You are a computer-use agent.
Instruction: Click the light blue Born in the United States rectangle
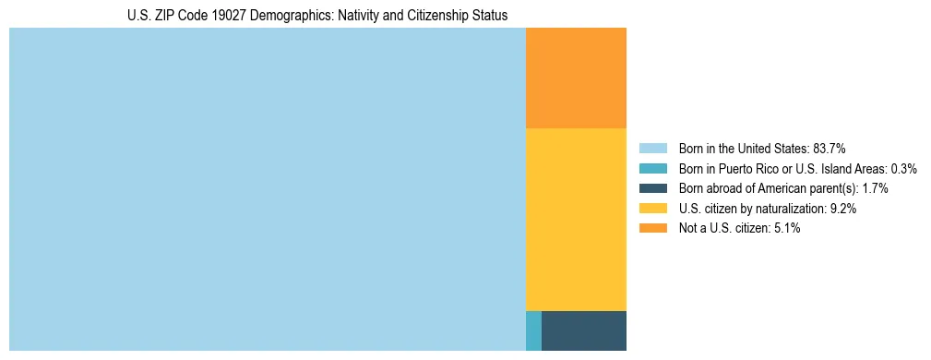[267, 189]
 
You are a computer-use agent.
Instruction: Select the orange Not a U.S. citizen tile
[576, 78]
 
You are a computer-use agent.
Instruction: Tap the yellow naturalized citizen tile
[576, 219]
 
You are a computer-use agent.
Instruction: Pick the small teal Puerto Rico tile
[533, 330]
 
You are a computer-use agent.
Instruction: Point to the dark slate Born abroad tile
[584, 330]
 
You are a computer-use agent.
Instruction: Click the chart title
[316, 16]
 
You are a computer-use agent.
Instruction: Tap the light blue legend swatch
[652, 148]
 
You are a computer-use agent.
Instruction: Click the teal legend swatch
[652, 168]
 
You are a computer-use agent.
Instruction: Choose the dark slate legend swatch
[652, 188]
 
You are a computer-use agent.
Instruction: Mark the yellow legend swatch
[652, 209]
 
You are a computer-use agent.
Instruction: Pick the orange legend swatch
[652, 228]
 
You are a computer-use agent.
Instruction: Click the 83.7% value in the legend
[829, 148]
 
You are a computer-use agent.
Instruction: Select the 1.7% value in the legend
[876, 188]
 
